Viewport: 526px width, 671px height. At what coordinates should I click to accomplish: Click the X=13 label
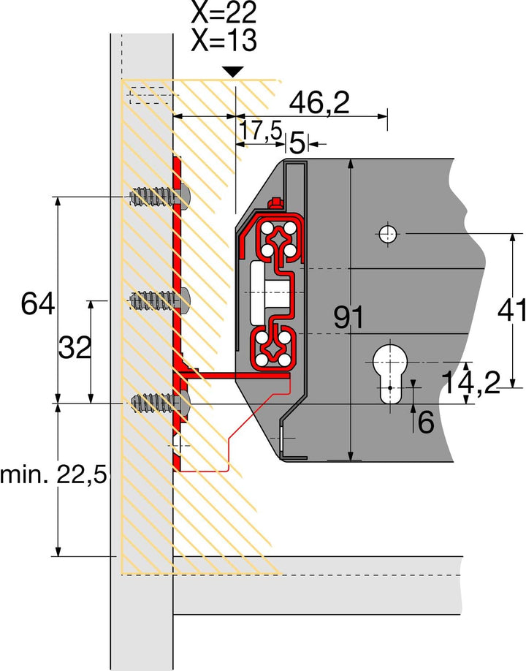(x=224, y=41)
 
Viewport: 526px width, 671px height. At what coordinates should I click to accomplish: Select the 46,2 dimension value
(x=319, y=104)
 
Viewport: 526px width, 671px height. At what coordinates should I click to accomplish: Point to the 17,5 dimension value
(x=261, y=131)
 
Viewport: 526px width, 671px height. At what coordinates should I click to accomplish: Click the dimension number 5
(x=297, y=143)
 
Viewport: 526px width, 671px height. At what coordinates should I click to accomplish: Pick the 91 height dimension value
(x=348, y=317)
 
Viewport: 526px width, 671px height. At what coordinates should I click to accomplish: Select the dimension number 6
(x=426, y=422)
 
